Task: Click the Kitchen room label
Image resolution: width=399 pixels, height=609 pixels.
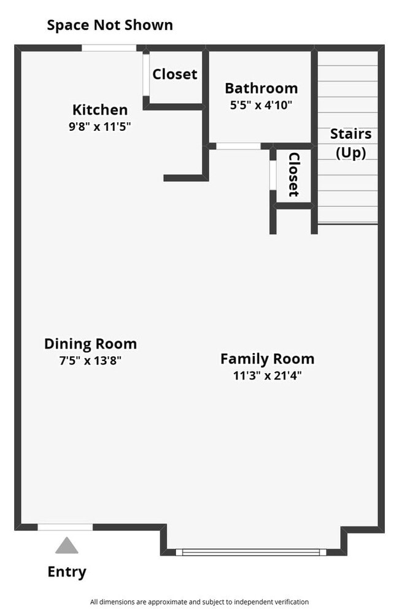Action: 100,110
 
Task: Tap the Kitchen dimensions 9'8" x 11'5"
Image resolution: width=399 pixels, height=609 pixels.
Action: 100,126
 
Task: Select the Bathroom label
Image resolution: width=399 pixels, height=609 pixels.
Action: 261,88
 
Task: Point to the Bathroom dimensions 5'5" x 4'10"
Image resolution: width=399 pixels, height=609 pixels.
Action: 261,104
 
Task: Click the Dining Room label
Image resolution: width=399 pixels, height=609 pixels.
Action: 90,344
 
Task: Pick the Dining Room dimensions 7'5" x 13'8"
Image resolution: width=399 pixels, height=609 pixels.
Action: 90,361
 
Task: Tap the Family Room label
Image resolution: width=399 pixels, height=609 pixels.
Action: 267,359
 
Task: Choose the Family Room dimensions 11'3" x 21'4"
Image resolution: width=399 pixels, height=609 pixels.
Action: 267,376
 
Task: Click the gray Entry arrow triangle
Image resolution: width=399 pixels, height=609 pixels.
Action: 67,545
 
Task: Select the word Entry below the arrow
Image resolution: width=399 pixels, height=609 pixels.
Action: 67,572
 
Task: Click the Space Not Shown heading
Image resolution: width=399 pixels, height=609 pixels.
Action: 110,25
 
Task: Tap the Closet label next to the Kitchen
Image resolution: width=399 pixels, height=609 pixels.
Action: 175,74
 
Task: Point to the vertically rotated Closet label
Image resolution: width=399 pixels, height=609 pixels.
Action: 293,175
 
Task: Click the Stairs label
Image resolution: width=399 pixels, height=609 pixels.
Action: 351,134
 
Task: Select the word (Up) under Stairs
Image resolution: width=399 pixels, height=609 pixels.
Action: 351,152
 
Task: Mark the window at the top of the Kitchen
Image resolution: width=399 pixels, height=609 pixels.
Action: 109,48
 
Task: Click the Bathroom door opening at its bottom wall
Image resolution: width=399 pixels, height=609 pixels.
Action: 239,146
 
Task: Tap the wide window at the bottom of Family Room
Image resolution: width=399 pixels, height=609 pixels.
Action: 251,552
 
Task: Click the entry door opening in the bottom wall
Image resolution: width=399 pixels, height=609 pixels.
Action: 66,527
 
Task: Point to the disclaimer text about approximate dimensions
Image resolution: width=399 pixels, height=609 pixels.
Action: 199,602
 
